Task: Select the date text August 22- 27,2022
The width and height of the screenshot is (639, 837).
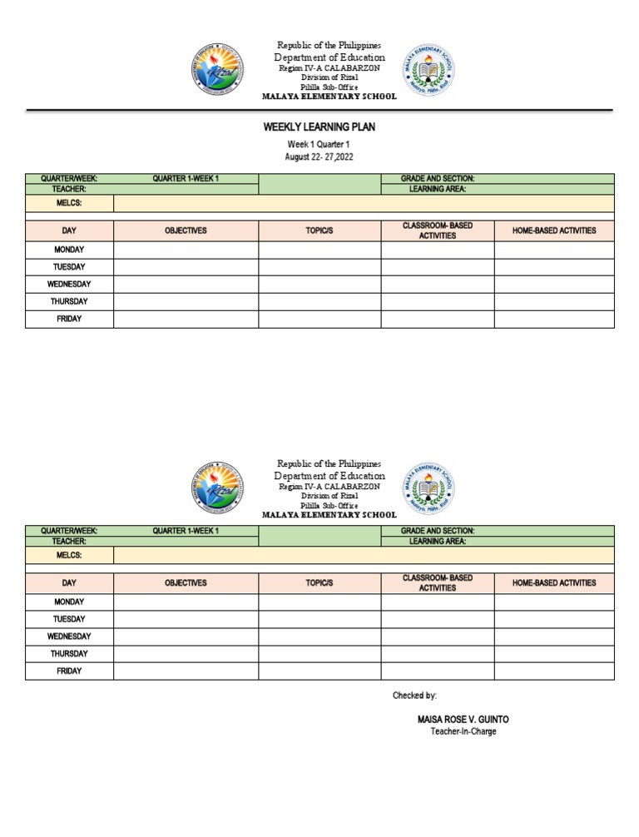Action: click(x=319, y=156)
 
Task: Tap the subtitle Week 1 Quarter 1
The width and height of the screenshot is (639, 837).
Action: click(x=319, y=144)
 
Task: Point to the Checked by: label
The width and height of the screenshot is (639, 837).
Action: click(x=414, y=696)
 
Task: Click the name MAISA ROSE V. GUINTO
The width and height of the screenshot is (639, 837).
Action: click(x=463, y=719)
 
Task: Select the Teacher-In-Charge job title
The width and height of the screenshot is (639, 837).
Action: click(x=463, y=731)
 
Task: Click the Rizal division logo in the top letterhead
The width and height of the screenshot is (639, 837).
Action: click(x=217, y=70)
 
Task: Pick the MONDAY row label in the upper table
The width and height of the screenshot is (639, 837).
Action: click(x=69, y=250)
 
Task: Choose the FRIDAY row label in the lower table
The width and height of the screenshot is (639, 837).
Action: click(x=69, y=671)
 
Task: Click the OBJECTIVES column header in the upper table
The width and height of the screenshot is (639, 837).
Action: click(x=186, y=230)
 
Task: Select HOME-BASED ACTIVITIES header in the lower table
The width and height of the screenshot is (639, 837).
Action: click(x=554, y=583)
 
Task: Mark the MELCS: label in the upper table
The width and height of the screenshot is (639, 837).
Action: click(x=69, y=203)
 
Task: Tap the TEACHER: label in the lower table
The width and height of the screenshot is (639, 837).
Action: click(x=69, y=541)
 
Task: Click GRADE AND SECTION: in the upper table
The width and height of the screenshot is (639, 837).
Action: click(x=438, y=179)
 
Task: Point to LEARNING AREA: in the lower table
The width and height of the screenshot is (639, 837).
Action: click(x=438, y=541)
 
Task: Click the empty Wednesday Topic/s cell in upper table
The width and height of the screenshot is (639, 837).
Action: click(x=319, y=285)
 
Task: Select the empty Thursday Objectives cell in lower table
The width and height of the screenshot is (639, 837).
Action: click(x=186, y=654)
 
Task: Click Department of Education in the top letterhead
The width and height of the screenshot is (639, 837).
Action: click(x=329, y=57)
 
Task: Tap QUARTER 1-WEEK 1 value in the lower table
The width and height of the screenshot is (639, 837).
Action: click(x=186, y=531)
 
